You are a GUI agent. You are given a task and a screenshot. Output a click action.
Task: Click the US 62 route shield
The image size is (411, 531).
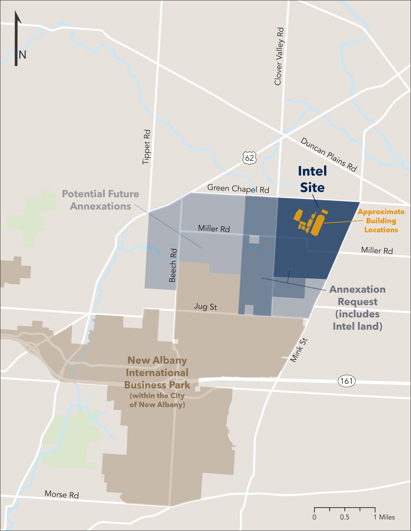249,158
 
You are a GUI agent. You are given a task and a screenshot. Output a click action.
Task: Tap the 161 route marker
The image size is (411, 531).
346,381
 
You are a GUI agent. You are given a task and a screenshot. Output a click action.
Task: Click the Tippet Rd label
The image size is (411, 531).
146,147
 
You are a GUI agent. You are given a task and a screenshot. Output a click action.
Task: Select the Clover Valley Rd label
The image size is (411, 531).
279,56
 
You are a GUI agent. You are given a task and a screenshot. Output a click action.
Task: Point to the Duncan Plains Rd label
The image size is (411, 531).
329,155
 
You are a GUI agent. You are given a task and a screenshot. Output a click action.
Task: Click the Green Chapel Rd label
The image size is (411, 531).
238,189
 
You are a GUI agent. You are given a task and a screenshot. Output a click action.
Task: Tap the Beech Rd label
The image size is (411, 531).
173,265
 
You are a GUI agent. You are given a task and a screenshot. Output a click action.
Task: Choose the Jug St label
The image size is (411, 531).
206,306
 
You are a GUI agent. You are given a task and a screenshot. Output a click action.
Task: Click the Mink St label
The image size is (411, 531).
299,350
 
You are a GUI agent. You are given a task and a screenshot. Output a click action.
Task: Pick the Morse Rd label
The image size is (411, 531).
62,494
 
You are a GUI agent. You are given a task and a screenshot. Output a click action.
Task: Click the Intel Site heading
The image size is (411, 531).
312,179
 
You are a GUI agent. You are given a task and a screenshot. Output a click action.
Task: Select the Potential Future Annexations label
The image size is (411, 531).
100,200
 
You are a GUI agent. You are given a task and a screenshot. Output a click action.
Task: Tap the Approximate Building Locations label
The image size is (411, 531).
381,221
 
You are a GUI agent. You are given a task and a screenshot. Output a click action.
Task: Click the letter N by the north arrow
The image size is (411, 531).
22,55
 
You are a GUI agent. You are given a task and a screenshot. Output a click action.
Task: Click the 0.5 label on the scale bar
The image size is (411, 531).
345,517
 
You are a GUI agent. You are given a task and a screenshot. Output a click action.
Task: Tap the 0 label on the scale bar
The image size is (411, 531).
314,517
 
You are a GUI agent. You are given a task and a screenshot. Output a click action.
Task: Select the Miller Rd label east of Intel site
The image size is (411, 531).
377,250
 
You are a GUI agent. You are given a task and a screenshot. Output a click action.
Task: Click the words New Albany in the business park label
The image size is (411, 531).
157,360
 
